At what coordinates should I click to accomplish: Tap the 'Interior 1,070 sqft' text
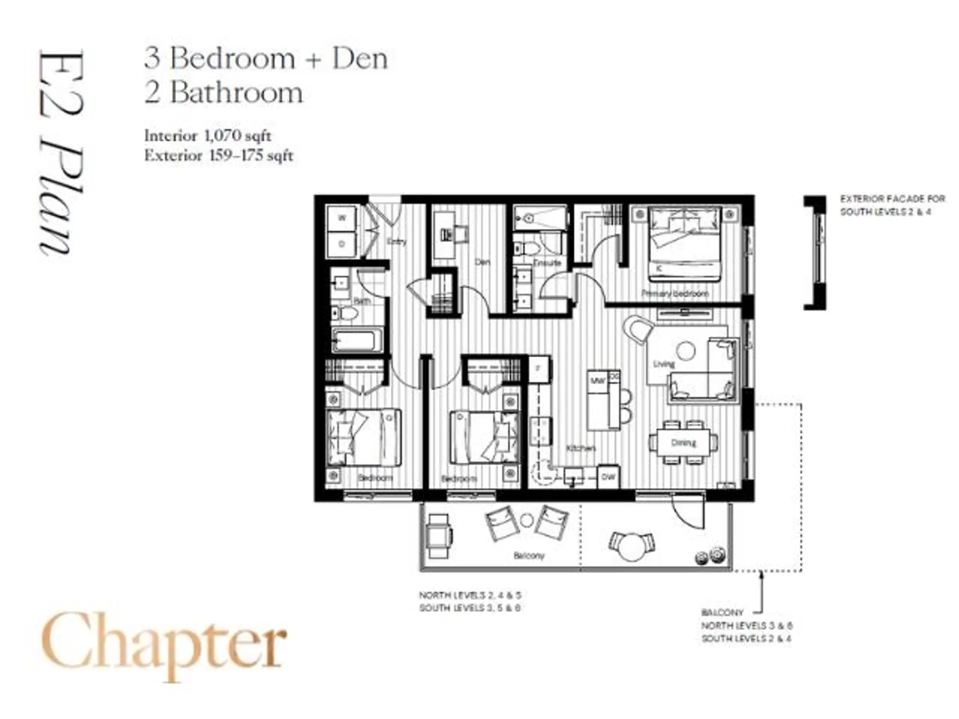[208, 135]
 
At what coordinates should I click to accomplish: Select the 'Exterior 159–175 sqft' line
[219, 156]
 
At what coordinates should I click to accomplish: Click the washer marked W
[342, 218]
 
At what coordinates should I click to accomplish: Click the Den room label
[482, 262]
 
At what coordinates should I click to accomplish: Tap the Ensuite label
[547, 263]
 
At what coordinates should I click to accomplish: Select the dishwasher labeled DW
[608, 477]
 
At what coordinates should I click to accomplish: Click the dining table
[683, 442]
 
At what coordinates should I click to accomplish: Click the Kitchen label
[580, 448]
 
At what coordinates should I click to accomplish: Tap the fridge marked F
[539, 368]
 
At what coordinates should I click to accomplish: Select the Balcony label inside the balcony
[528, 556]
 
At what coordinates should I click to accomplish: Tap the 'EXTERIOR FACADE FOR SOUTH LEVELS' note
[892, 205]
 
